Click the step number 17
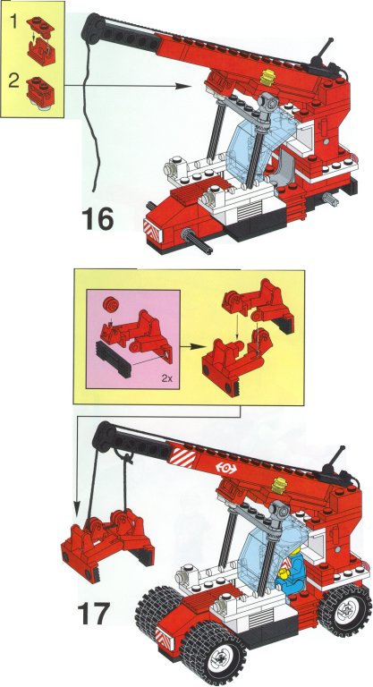point(93,614)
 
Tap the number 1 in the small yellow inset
point(14,21)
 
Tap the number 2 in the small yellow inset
point(15,81)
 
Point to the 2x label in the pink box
point(166,379)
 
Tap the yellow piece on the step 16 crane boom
point(267,77)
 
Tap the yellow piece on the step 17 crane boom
point(279,486)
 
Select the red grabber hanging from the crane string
point(107,542)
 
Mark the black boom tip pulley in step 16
point(94,27)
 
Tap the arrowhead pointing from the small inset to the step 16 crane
point(185,86)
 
